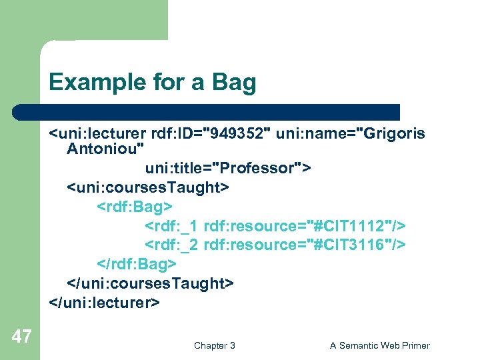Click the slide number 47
click(21, 337)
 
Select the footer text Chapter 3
click(215, 345)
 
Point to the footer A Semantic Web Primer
click(380, 345)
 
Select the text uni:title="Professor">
click(227, 167)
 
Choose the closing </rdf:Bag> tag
click(133, 264)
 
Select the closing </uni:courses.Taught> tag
click(150, 283)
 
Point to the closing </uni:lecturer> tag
click(104, 303)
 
